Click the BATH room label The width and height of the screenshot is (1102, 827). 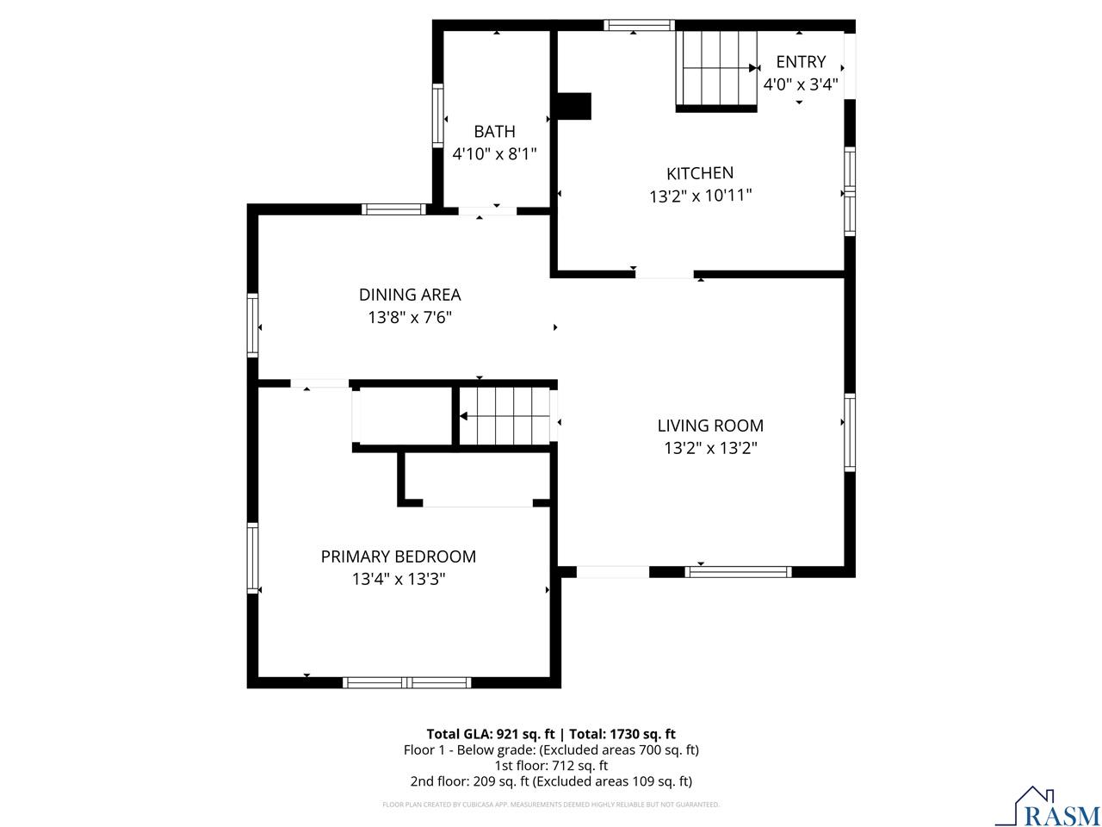coord(494,131)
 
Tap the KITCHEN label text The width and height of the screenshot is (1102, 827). coord(700,173)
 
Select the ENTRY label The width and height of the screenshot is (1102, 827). coord(801,62)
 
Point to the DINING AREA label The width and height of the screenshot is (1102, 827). coord(410,295)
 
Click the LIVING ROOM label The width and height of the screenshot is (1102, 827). coord(710,426)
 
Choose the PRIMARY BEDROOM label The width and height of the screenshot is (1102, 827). coord(398,557)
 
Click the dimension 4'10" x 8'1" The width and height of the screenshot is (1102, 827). coord(494,154)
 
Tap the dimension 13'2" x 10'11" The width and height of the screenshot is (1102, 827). coord(700,196)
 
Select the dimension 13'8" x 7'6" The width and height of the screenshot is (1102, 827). coord(410,318)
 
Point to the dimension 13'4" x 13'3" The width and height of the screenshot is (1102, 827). coord(398,580)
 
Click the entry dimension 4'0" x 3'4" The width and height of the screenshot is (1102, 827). coord(801,84)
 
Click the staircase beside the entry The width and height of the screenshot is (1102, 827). coord(716,69)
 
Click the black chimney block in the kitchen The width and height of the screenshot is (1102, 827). coord(573,106)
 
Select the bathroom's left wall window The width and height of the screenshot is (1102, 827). coord(437,115)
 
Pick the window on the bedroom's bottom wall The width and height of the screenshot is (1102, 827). coord(406,682)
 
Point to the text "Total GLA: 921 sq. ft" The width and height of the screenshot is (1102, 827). coord(492,734)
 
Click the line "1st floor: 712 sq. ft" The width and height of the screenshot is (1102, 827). coord(551,766)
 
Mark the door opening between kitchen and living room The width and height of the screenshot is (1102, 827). coord(665,274)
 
